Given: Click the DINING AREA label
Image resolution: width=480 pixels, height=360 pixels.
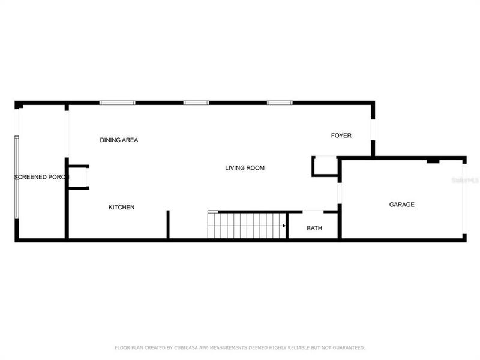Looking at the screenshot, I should [119, 140].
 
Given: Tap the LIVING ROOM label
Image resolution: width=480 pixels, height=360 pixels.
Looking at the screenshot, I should [245, 168].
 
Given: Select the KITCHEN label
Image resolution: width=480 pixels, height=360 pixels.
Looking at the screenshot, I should [121, 208].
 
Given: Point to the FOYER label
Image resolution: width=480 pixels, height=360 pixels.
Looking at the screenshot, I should [341, 136].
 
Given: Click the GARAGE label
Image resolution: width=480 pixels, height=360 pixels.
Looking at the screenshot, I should [402, 205].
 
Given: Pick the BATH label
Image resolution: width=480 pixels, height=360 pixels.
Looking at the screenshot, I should [314, 229].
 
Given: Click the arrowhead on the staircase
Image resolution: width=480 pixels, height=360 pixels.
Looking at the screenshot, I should [284, 226].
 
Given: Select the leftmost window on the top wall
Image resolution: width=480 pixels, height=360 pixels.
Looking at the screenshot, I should [118, 103].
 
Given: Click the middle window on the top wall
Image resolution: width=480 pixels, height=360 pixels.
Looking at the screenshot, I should [196, 103].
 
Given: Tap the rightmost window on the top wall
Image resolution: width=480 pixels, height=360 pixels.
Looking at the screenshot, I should [280, 103].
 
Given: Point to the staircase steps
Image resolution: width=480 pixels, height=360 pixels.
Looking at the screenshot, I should [246, 226].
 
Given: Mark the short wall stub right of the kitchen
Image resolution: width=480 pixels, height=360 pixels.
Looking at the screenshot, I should [168, 224].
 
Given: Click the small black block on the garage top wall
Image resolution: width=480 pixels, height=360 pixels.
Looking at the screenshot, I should [433, 161].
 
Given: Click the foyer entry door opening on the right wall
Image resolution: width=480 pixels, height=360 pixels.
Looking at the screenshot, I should [373, 129].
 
